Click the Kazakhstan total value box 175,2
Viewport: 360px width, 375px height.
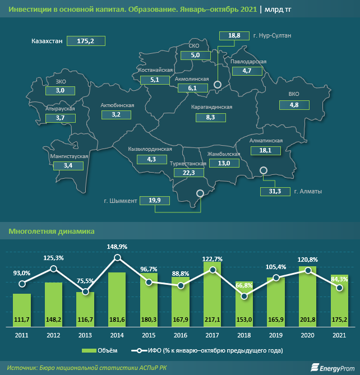coord(86,41)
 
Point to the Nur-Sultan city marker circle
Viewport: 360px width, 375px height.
coord(218,85)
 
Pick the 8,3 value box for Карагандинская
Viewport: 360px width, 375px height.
coord(211,118)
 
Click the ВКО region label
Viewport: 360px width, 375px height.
coord(294,94)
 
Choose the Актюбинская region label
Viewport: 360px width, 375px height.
coord(116,105)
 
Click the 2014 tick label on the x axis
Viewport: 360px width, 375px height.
coord(117,335)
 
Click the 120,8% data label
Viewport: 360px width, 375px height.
coord(307,260)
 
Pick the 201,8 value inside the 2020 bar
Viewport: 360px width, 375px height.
coord(307,320)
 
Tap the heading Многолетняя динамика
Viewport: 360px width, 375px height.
coord(43,231)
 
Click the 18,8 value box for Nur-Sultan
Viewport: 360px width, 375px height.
coord(234,36)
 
